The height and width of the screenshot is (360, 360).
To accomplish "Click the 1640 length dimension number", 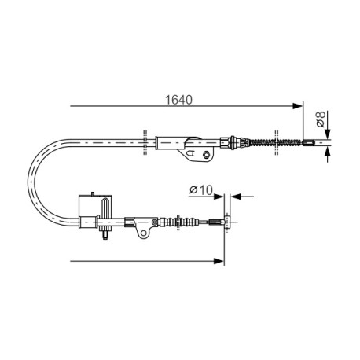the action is (178, 100).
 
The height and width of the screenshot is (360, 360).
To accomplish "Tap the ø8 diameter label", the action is (321, 119).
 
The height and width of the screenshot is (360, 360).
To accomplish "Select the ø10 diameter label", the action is (201, 190).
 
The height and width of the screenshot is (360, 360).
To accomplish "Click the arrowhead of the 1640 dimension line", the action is (298, 106).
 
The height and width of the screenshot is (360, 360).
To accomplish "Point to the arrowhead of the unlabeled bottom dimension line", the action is (219, 261).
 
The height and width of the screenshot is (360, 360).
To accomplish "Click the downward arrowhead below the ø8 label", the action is (328, 134).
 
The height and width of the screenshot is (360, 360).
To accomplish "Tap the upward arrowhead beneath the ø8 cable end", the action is (328, 152).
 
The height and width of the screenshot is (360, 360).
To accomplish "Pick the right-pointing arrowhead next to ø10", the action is (219, 197).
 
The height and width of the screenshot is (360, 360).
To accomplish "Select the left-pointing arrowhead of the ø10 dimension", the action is (235, 197).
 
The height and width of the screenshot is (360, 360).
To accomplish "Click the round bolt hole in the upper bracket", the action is (206, 155).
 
